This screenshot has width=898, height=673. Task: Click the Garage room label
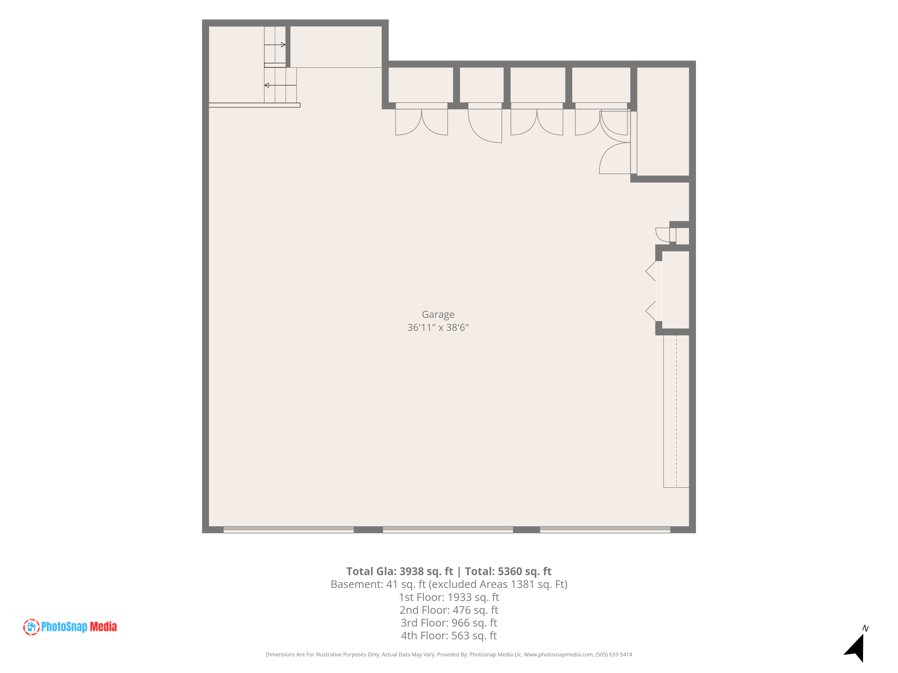(x=438, y=315)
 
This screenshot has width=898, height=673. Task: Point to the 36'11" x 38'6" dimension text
(x=438, y=327)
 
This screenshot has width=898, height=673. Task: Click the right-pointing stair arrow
(x=275, y=45)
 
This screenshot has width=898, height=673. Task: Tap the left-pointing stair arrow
(x=280, y=85)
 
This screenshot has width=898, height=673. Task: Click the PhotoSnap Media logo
(x=70, y=627)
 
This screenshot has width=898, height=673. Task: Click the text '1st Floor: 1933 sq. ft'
(x=449, y=597)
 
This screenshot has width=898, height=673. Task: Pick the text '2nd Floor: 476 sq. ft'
(x=449, y=610)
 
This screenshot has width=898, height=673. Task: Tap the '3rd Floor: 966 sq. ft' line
(x=449, y=623)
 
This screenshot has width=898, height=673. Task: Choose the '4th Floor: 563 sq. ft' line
(x=449, y=636)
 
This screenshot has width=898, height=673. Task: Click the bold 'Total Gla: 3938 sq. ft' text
(x=400, y=572)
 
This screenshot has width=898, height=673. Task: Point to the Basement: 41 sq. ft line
(x=449, y=584)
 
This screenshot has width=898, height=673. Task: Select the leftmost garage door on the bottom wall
(x=289, y=530)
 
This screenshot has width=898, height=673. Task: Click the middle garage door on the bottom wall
(x=448, y=530)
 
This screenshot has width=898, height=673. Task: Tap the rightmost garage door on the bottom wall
(x=605, y=530)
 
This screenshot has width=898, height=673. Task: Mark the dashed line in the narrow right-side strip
(x=676, y=411)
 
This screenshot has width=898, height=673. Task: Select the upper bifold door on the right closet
(x=650, y=271)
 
